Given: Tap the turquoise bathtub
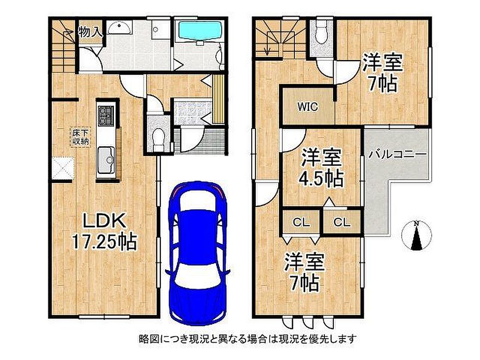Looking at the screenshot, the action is (200, 30).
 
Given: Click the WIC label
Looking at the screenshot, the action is (307, 107).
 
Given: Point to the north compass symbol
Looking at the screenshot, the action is (416, 235).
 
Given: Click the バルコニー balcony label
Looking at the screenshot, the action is (397, 154).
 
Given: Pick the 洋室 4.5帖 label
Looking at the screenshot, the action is (321, 168).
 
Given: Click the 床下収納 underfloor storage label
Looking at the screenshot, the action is (81, 137).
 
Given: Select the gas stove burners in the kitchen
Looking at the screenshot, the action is (106, 116).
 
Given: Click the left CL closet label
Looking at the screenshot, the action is (301, 222).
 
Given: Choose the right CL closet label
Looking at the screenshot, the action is (342, 222).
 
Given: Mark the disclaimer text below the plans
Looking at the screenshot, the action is (248, 339).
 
